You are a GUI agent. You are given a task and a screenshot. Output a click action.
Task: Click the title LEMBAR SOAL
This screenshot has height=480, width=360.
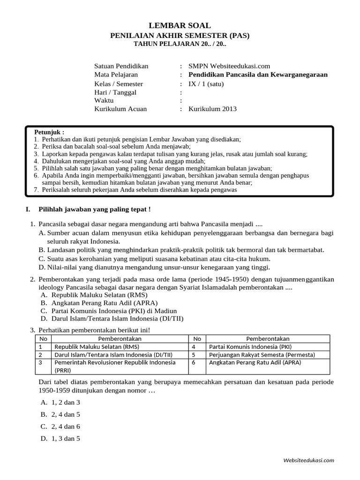(x=180, y=25)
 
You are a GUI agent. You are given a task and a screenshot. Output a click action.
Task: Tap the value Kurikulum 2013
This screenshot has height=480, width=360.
(x=212, y=109)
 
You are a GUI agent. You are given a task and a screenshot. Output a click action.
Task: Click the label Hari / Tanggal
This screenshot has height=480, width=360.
(x=115, y=92)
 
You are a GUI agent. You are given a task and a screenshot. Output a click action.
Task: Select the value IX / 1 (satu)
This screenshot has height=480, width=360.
(x=206, y=84)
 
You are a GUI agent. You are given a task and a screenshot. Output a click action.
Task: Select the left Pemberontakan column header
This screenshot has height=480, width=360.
(x=120, y=339)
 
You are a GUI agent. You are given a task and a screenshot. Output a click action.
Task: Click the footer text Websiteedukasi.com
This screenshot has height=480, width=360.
(x=308, y=460)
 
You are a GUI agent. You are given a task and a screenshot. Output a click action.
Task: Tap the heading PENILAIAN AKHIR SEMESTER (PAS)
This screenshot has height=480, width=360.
(x=180, y=35)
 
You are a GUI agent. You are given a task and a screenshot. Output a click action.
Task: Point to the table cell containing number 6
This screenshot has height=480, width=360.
(x=196, y=362)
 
